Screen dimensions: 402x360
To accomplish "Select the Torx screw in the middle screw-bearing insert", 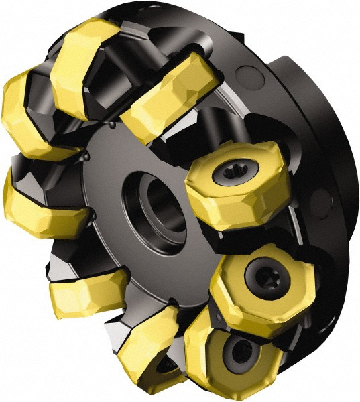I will point(260,273).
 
